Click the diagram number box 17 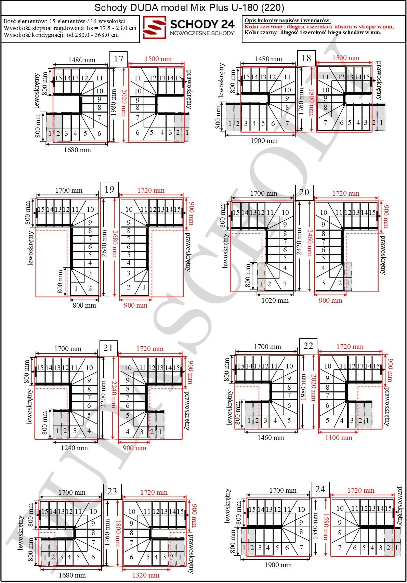118,59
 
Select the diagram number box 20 304,193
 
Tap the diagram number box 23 112,491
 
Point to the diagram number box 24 320,490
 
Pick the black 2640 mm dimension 104,244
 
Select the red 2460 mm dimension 310,242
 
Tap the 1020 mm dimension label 275,300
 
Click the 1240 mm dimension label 74,448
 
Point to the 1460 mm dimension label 271,438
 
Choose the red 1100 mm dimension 339,438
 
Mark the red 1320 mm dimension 146,575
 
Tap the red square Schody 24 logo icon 155,27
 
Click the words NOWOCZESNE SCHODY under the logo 202,33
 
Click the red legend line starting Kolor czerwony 319,27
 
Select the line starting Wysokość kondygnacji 61,35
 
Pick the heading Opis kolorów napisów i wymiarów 288,20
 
